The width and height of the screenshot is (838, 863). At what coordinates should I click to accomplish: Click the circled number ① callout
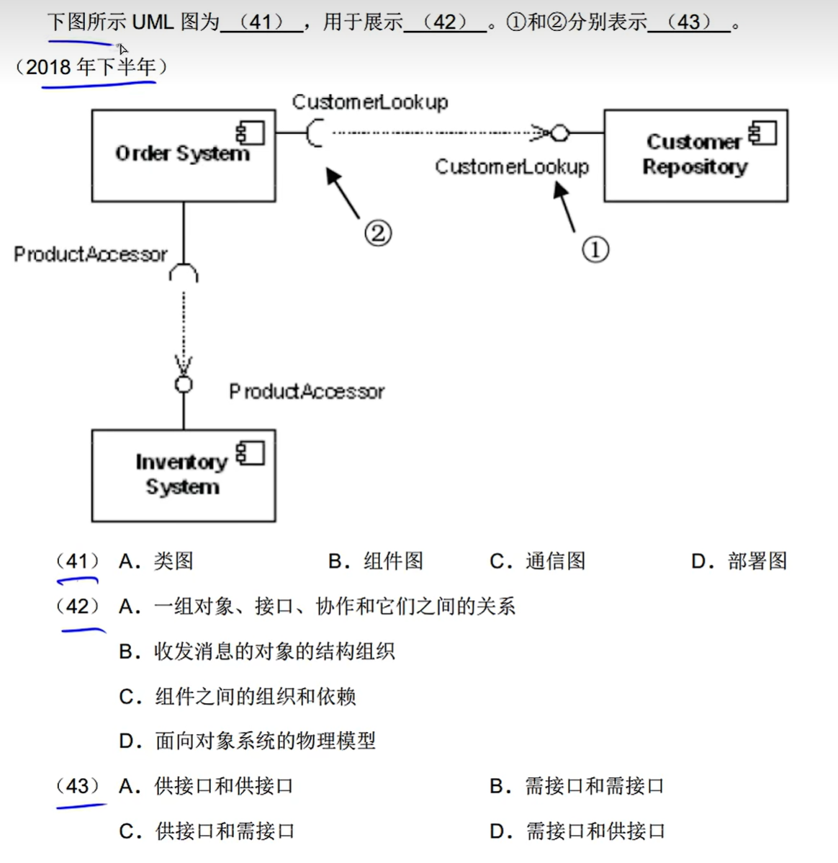[x=595, y=249]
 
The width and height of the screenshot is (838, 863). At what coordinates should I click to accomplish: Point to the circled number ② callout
[x=378, y=233]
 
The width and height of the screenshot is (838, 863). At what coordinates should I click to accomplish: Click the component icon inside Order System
[x=251, y=133]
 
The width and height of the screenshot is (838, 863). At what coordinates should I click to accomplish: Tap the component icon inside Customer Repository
[x=762, y=133]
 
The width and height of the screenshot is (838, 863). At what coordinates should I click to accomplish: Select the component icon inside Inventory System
[x=251, y=453]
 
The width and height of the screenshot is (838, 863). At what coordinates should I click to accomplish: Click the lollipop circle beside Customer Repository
[x=560, y=133]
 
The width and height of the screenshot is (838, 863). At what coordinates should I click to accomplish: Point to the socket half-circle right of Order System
[x=314, y=133]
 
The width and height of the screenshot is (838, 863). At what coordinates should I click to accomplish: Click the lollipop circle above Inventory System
[x=184, y=384]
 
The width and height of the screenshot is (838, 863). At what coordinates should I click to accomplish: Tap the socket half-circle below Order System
[x=184, y=273]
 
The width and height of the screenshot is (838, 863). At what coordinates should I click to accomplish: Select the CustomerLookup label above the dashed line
[x=369, y=102]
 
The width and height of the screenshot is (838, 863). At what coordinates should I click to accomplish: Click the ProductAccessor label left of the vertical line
[x=90, y=254]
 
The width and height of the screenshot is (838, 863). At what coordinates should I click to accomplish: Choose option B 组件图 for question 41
[x=376, y=561]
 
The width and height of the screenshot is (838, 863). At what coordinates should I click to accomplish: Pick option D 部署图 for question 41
[x=739, y=561]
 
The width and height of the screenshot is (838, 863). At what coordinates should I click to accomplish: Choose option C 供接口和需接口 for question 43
[x=207, y=831]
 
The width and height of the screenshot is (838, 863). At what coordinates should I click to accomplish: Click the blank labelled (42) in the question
[x=446, y=22]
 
